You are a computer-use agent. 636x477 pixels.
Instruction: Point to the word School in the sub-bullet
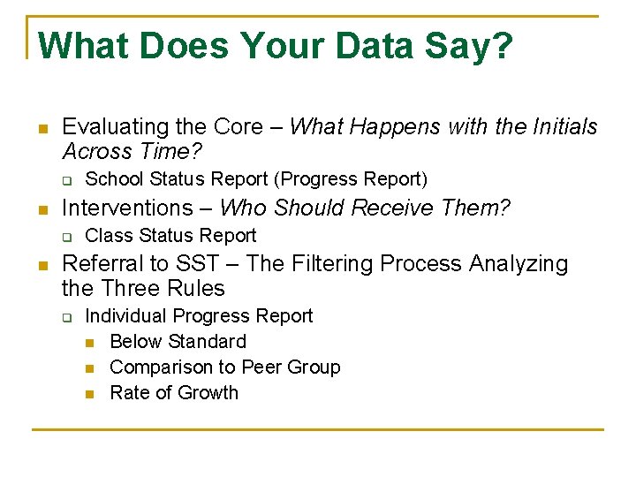(115, 179)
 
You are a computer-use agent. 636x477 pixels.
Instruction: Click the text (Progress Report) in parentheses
(351, 179)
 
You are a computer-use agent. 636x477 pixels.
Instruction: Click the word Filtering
(333, 263)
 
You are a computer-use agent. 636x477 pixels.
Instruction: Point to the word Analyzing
(521, 263)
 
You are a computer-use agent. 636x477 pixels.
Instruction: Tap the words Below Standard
(178, 341)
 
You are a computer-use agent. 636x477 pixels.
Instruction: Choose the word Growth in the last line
(208, 392)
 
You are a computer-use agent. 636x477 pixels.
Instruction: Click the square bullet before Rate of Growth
(90, 393)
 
